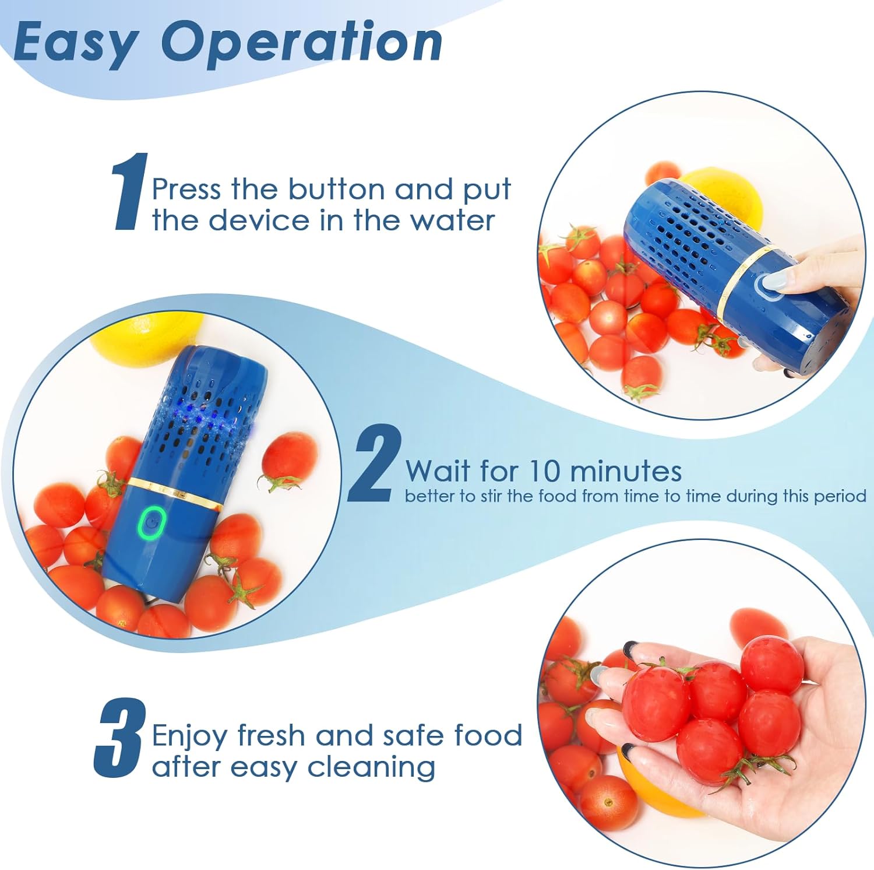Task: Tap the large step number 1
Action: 129,192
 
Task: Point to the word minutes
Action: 626,471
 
